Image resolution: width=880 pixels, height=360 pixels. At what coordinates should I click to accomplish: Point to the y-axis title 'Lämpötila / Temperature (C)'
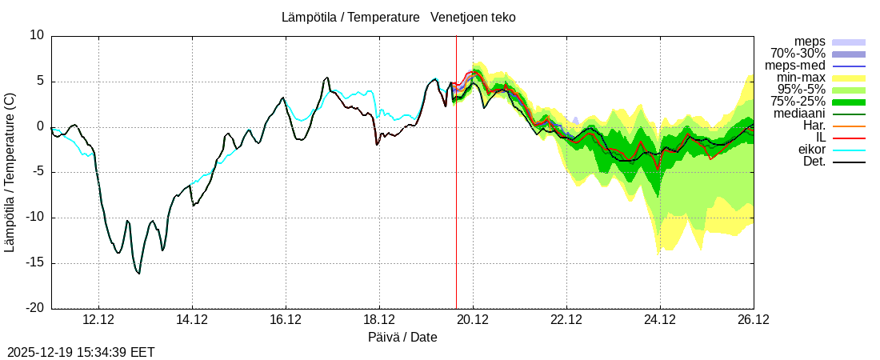10,171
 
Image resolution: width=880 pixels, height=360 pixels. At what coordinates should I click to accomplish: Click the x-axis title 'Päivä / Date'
402,337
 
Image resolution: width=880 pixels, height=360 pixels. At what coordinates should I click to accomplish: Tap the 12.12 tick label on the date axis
98,319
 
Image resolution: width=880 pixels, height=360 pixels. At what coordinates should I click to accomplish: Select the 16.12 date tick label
286,319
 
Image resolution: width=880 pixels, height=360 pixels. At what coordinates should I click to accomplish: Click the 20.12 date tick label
473,319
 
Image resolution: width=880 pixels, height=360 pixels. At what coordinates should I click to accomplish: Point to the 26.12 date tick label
753,319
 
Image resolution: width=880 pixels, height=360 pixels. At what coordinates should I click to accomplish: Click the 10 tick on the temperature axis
38,35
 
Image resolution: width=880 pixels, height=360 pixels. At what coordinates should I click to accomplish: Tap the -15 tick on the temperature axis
34,263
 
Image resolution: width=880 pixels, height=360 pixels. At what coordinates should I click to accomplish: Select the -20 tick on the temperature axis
34,308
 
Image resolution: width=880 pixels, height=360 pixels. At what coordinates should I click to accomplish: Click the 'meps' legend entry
810,42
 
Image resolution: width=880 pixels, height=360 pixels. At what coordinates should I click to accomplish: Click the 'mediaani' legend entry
798,114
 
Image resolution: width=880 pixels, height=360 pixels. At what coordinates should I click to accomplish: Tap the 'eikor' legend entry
811,150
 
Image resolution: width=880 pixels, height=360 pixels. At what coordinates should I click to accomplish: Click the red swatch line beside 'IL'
849,138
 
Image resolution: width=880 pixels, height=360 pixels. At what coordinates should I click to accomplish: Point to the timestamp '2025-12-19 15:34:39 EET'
81,352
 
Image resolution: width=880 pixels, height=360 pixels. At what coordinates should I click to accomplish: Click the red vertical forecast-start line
456,200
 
